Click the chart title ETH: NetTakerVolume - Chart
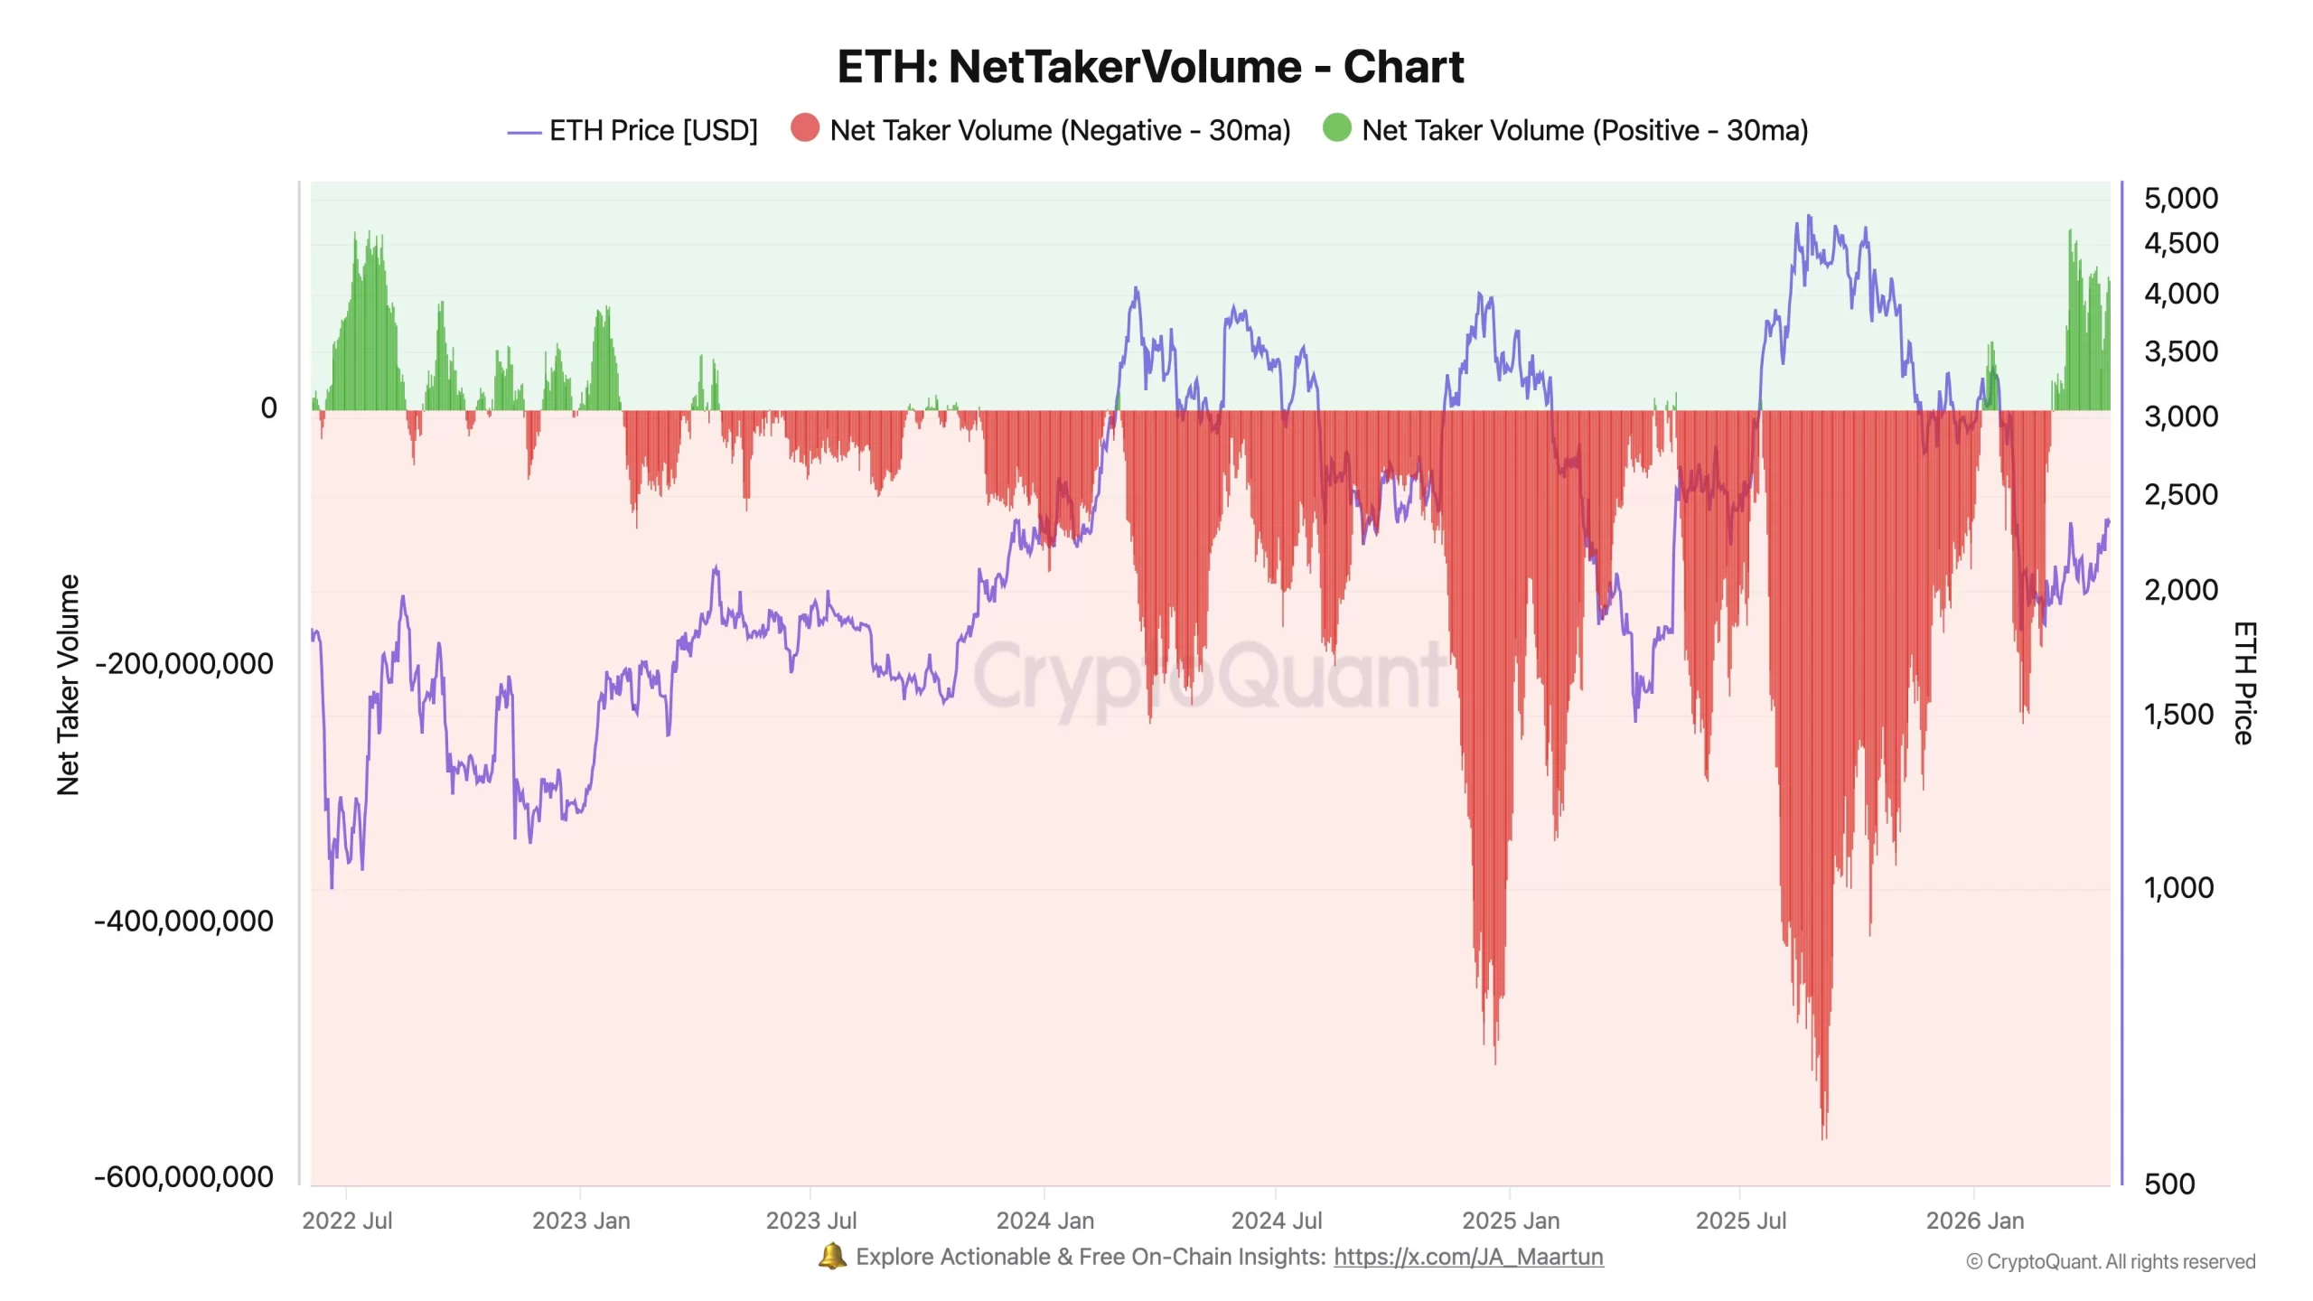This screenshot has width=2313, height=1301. click(1149, 67)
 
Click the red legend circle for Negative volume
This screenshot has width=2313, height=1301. click(804, 128)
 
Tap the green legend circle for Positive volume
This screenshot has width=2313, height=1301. click(1336, 128)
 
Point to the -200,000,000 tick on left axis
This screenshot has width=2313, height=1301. click(184, 664)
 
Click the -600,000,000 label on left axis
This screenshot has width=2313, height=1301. click(184, 1177)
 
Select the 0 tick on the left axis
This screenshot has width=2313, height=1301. click(268, 408)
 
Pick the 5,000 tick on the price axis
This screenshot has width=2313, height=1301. click(2180, 199)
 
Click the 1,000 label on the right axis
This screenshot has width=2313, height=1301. click(2178, 888)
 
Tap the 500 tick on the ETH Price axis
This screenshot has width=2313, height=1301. click(2168, 1184)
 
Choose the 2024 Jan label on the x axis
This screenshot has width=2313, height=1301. click(1044, 1221)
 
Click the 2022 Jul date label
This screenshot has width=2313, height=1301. click(347, 1221)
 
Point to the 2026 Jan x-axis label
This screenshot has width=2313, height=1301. click(1974, 1221)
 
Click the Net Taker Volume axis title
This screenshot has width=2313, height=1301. click(69, 685)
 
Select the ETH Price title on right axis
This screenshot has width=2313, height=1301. click(2244, 683)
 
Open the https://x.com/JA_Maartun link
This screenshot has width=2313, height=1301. click(1468, 1258)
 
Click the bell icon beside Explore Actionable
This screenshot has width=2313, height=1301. click(832, 1257)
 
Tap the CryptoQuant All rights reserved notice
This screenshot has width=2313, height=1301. click(2111, 1262)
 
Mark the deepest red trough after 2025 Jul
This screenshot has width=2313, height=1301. click(1823, 1135)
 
